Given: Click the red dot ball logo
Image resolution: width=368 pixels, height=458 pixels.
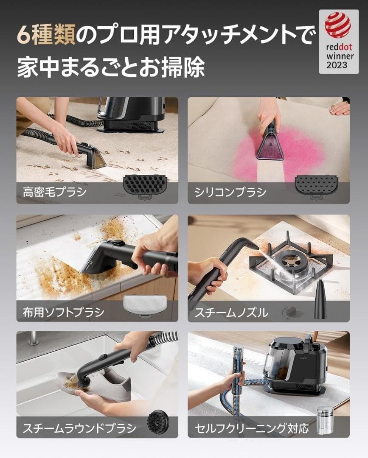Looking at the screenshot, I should [x=338, y=25].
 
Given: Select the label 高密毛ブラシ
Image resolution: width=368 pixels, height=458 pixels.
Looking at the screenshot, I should [x=55, y=192].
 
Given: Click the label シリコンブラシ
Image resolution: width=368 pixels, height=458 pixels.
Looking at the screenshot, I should [x=230, y=192].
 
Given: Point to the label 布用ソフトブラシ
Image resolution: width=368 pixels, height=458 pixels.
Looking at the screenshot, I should [x=64, y=313].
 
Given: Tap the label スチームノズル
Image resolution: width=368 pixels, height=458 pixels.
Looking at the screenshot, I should [x=231, y=313].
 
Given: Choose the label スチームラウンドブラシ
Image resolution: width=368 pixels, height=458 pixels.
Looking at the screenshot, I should [x=80, y=428].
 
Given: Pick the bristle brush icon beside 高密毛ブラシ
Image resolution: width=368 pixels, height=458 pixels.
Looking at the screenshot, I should [x=144, y=185].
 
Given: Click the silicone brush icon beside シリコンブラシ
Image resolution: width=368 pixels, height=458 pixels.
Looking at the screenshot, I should [x=316, y=185].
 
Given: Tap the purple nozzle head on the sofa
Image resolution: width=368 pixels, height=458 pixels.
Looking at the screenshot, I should [x=270, y=145].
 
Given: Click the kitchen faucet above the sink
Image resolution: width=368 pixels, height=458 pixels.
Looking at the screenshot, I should [x=32, y=338].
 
